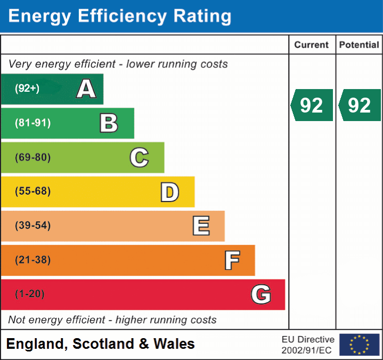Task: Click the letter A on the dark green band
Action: (86, 89)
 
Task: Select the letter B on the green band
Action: (109, 123)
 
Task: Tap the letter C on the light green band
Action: (139, 157)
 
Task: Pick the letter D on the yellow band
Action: (169, 192)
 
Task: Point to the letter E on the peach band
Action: (201, 226)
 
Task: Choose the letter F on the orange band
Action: (232, 260)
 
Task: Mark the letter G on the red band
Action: (261, 294)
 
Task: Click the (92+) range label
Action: (27, 89)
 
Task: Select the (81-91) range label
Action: (32, 123)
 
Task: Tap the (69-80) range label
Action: (32, 157)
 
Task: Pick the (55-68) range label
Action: (32, 191)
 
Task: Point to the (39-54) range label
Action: (32, 226)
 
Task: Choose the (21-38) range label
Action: (32, 260)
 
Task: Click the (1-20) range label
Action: (30, 294)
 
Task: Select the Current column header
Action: (312, 45)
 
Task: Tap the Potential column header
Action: (359, 45)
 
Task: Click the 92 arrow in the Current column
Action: (312, 105)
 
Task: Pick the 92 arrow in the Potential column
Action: (360, 105)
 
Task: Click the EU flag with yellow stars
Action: (359, 345)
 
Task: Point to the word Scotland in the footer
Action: (103, 344)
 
